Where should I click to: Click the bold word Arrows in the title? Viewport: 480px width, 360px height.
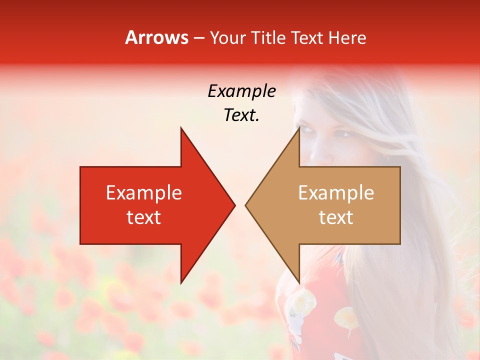[156, 37]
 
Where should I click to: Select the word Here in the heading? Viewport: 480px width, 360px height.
[347, 37]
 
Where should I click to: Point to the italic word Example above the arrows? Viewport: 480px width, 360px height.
[241, 91]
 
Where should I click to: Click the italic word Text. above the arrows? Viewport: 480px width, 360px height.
[241, 115]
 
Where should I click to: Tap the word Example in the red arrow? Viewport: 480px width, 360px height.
[144, 193]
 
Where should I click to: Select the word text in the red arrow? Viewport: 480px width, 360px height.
[144, 217]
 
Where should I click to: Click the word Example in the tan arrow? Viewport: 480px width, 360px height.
[336, 193]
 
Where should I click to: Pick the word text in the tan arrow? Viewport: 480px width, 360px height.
[336, 217]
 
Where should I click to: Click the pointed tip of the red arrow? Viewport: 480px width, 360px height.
[234, 205]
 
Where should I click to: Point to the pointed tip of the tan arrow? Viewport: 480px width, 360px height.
[245, 205]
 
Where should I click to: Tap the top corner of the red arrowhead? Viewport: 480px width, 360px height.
[181, 128]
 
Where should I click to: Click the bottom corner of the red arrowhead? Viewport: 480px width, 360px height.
[181, 283]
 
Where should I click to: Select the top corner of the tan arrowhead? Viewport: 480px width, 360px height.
[299, 128]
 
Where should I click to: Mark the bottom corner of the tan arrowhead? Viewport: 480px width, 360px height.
[299, 283]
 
